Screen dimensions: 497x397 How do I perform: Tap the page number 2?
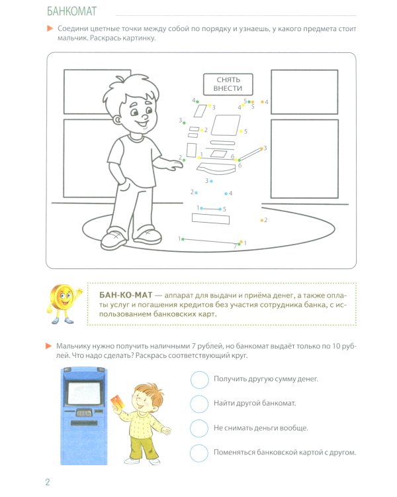(48, 482)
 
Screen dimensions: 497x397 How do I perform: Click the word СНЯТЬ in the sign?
(228, 79)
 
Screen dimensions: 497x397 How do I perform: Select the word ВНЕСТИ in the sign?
(228, 88)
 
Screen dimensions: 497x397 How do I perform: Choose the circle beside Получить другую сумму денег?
(198, 379)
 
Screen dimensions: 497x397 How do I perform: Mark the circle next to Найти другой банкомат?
(198, 404)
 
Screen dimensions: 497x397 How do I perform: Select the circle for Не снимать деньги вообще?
(198, 428)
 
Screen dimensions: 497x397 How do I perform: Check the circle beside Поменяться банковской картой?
(198, 453)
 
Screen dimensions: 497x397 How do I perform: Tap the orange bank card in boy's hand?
(116, 401)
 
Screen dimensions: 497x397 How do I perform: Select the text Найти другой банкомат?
(254, 404)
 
